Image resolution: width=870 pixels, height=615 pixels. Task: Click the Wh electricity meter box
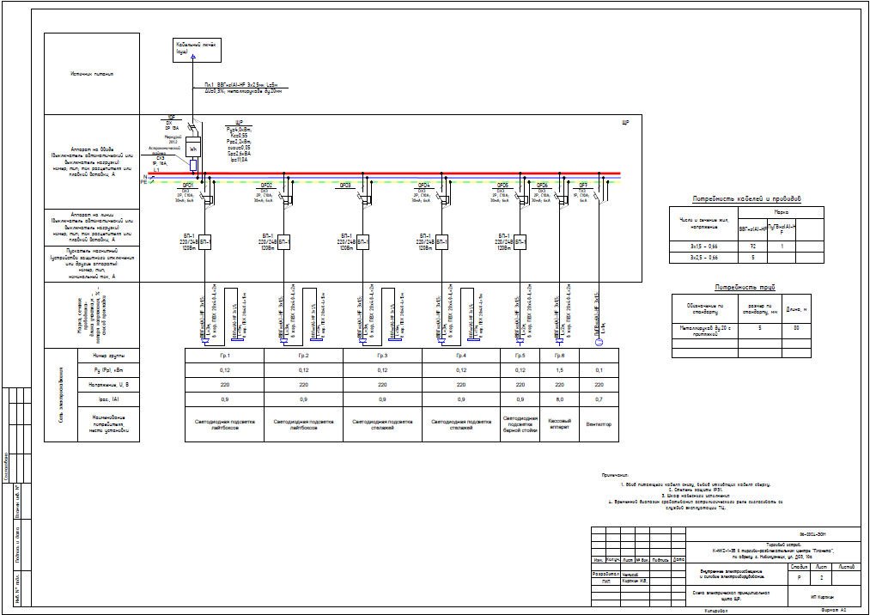[x=193, y=148]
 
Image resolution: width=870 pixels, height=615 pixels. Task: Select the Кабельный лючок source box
[x=193, y=47]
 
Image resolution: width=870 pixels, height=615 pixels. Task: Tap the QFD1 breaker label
[x=186, y=185]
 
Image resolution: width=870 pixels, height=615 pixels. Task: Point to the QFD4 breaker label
[x=423, y=185]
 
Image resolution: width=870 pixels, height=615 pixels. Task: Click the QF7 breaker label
[x=583, y=185]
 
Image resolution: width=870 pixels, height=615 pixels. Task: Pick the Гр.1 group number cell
[x=224, y=355]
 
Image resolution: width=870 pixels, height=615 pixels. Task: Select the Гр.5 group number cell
[x=520, y=355]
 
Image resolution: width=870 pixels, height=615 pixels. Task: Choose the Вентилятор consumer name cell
[x=599, y=425]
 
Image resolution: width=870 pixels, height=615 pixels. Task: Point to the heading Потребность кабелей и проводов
[x=745, y=199]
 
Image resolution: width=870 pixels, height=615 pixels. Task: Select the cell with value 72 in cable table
[x=751, y=246]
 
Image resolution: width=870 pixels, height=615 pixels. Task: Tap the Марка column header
[x=781, y=211]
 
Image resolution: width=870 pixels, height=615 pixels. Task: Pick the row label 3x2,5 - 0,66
[x=702, y=257]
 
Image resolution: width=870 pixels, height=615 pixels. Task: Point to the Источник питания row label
[x=92, y=74]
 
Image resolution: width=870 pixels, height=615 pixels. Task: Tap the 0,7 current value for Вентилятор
[x=599, y=399]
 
